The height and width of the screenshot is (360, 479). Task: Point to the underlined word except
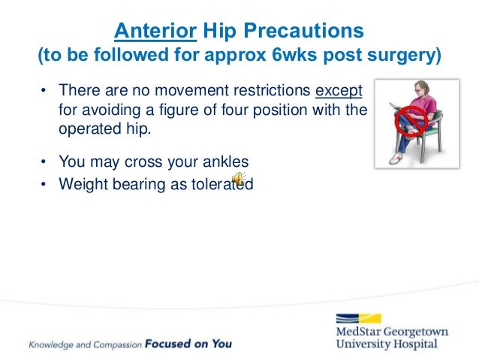coord(339,91)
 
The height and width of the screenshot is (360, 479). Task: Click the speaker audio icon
coord(237,178)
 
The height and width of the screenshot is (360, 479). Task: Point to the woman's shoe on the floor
coord(397,159)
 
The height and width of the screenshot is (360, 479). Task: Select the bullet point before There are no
coord(44,91)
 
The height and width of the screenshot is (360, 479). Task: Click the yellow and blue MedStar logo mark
coord(358,318)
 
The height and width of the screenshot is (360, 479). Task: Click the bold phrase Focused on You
coord(188,344)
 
